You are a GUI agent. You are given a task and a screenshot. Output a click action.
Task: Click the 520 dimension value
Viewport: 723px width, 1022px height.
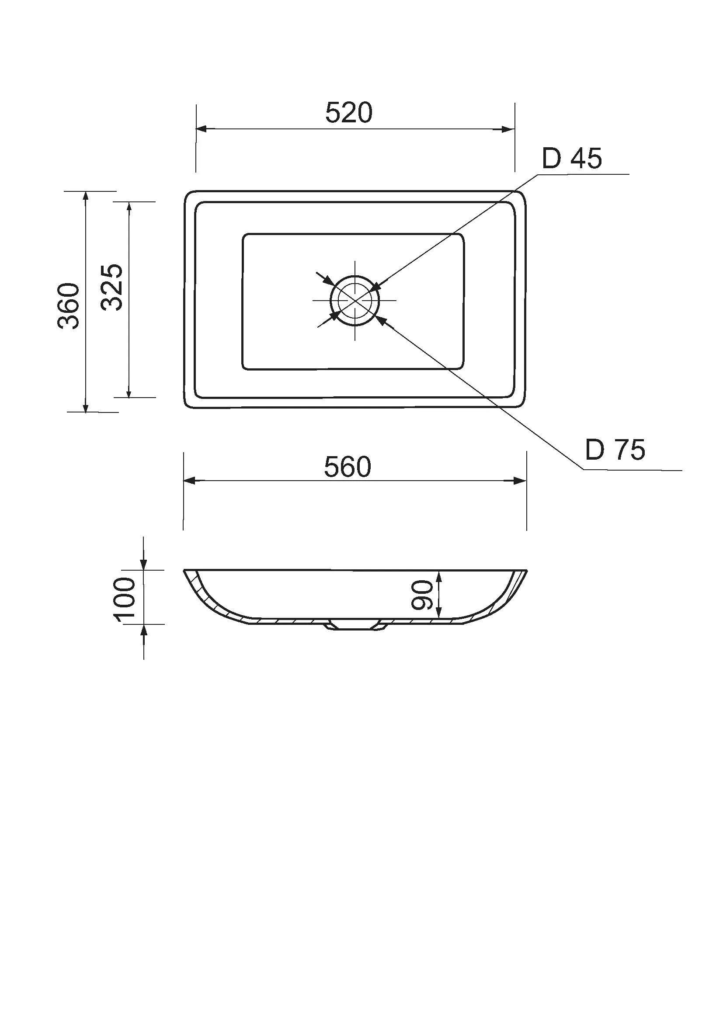[348, 113]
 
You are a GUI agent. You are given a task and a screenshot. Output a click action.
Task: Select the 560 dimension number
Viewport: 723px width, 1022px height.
[347, 468]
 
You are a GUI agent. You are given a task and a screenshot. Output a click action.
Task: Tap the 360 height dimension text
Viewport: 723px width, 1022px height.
[69, 306]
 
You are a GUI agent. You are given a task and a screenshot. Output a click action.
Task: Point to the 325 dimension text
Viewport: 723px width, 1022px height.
[111, 287]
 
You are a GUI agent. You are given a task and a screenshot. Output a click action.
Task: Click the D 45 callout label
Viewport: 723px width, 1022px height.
[572, 158]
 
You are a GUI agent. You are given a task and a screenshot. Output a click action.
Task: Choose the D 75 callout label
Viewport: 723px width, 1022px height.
[615, 450]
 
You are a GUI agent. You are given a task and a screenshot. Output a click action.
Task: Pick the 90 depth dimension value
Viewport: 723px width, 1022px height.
[421, 595]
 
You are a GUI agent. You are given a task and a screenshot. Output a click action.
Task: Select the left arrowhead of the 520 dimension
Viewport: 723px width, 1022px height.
[202, 129]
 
